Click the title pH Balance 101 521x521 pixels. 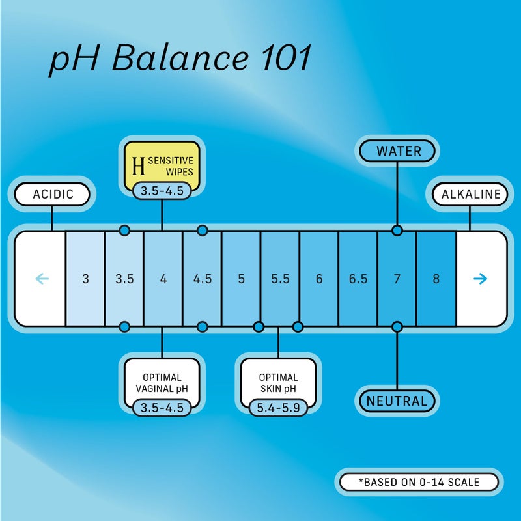180,60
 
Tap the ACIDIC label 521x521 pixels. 52,194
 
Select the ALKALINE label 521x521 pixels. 471,194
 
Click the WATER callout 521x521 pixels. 399,151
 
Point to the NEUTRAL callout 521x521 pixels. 397,401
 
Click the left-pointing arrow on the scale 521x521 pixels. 42,279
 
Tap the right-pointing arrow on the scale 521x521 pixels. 480,279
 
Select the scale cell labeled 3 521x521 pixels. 85,279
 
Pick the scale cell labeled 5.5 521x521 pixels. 280,279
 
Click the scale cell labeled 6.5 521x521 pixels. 358,279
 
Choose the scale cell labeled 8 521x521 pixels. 436,279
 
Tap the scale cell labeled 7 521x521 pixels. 397,279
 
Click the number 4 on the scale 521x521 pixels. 163,279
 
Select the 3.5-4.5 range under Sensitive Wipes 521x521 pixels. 162,191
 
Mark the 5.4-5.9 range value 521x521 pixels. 278,408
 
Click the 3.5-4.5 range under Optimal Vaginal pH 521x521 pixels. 162,408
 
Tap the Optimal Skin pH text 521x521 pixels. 278,382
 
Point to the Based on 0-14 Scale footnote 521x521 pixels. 419,483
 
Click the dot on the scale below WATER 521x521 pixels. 397,230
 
